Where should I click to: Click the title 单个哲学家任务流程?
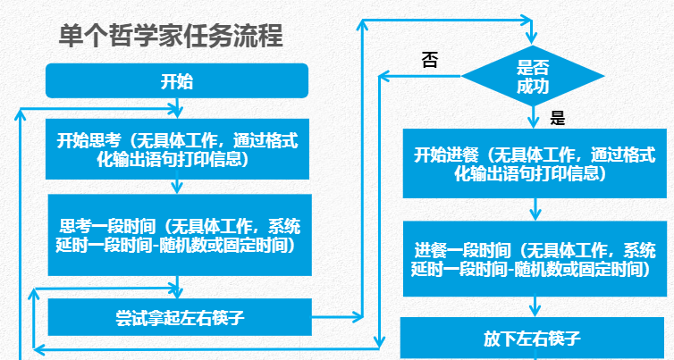(171, 37)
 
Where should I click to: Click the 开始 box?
(177, 82)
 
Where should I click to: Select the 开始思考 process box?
(177, 149)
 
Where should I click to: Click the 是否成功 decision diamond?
(534, 76)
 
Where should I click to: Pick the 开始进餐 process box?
(535, 163)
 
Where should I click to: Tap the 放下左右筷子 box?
(534, 339)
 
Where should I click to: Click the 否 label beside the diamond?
(430, 60)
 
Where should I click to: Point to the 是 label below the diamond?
(559, 118)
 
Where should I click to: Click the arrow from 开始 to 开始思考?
(178, 107)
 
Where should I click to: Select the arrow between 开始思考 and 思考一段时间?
(178, 186)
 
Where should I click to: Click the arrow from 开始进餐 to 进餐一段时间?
(535, 209)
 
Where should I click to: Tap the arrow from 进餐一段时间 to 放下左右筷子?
(535, 306)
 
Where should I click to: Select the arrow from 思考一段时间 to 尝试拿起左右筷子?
(178, 287)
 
